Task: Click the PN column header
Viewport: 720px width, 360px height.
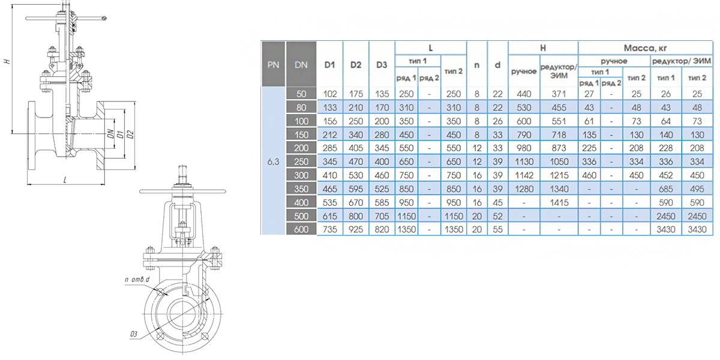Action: (273, 65)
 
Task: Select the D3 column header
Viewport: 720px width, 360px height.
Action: (382, 65)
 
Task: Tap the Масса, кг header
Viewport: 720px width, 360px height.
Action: (645, 48)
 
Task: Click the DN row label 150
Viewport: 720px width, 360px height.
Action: (301, 134)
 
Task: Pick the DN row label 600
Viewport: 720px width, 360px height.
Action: (301, 229)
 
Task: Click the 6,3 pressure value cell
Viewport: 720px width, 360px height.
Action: (273, 161)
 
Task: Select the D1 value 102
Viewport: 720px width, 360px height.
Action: (330, 94)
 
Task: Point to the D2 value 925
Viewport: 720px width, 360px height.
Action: (356, 229)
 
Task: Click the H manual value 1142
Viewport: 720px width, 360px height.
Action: (524, 175)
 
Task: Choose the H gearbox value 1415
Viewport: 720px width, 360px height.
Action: (559, 203)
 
